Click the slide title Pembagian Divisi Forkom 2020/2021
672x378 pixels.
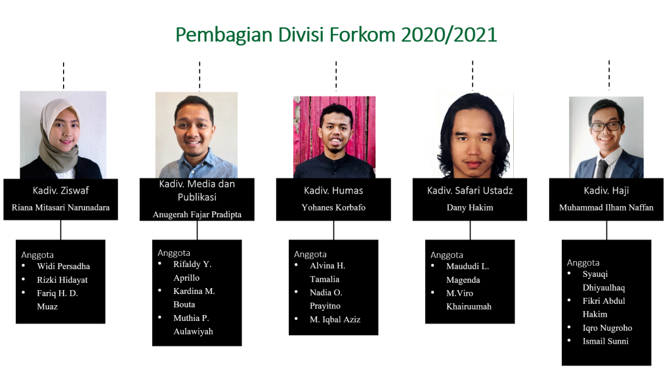pos(336,35)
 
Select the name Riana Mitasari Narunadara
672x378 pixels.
pos(60,207)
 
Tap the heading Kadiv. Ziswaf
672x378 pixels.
pos(60,190)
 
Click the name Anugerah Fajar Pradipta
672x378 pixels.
pos(197,215)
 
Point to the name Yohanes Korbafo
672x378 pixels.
pos(333,207)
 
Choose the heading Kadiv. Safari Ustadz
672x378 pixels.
pos(470,190)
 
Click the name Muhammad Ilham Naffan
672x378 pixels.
pos(606,207)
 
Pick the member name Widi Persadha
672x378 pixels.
pos(64,266)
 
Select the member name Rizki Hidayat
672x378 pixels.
pos(62,280)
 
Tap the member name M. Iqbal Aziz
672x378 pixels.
pos(335,320)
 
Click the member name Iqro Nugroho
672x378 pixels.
pos(607,328)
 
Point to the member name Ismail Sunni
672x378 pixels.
pos(606,341)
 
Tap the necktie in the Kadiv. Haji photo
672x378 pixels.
pos(602,169)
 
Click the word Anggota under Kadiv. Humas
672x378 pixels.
pos(310,254)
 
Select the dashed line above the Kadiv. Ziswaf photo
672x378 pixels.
pos(64,76)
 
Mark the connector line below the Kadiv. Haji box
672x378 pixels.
pos(606,230)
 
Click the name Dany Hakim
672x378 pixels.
pos(470,207)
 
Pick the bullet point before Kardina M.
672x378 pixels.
pos(159,291)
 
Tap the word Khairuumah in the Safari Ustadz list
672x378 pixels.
pos(469,306)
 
